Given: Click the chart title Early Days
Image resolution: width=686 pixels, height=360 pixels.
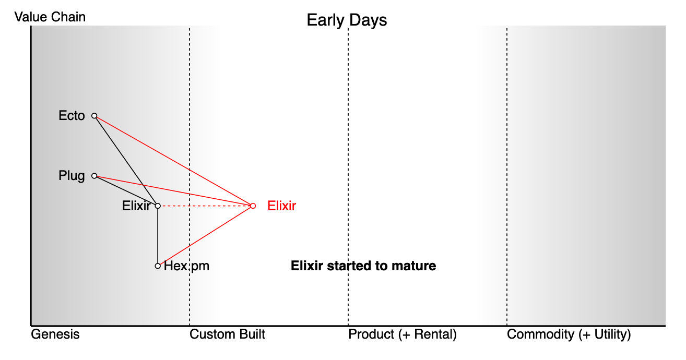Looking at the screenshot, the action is pos(347,20).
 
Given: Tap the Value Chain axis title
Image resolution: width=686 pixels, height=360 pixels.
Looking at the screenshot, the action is pos(50,17).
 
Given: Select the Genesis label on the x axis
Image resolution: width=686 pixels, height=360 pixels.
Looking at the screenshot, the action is pos(55,334).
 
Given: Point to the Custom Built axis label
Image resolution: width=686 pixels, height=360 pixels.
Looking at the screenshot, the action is pos(227,334).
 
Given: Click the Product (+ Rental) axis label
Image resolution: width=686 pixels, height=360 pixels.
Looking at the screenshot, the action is pos(403,334).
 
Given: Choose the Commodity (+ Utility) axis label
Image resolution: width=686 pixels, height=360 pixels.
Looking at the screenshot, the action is pos(569,334).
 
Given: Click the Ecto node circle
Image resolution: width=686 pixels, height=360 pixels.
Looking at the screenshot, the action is pos(94,116).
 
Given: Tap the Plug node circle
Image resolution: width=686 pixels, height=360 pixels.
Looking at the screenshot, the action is pos(94,176).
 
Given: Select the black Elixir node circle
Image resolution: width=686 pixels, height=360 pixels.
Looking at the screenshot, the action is pos(158,206).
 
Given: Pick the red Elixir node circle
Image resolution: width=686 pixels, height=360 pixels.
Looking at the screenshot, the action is pos(253,206).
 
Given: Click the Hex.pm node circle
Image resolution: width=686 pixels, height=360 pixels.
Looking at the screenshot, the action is pos(158,266).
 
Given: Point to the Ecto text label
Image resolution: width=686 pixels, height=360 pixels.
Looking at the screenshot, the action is pos(72,116).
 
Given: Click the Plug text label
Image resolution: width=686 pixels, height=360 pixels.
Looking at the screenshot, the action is pos(72,176).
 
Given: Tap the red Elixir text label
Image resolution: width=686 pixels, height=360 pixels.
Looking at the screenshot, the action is pos(282,206).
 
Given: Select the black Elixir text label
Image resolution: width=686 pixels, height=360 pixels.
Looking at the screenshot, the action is pos(136,206).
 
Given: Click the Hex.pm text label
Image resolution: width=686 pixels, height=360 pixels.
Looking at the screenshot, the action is pos(186,266).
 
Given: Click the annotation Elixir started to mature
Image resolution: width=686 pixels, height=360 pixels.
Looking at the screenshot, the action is pos(363,266).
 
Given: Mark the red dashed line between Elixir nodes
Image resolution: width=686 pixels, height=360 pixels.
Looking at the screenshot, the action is pos(205,206).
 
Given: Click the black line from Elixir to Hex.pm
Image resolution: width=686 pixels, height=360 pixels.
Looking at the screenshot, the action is pos(158,236).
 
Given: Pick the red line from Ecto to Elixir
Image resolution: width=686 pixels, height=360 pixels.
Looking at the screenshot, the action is pos(174,161).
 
